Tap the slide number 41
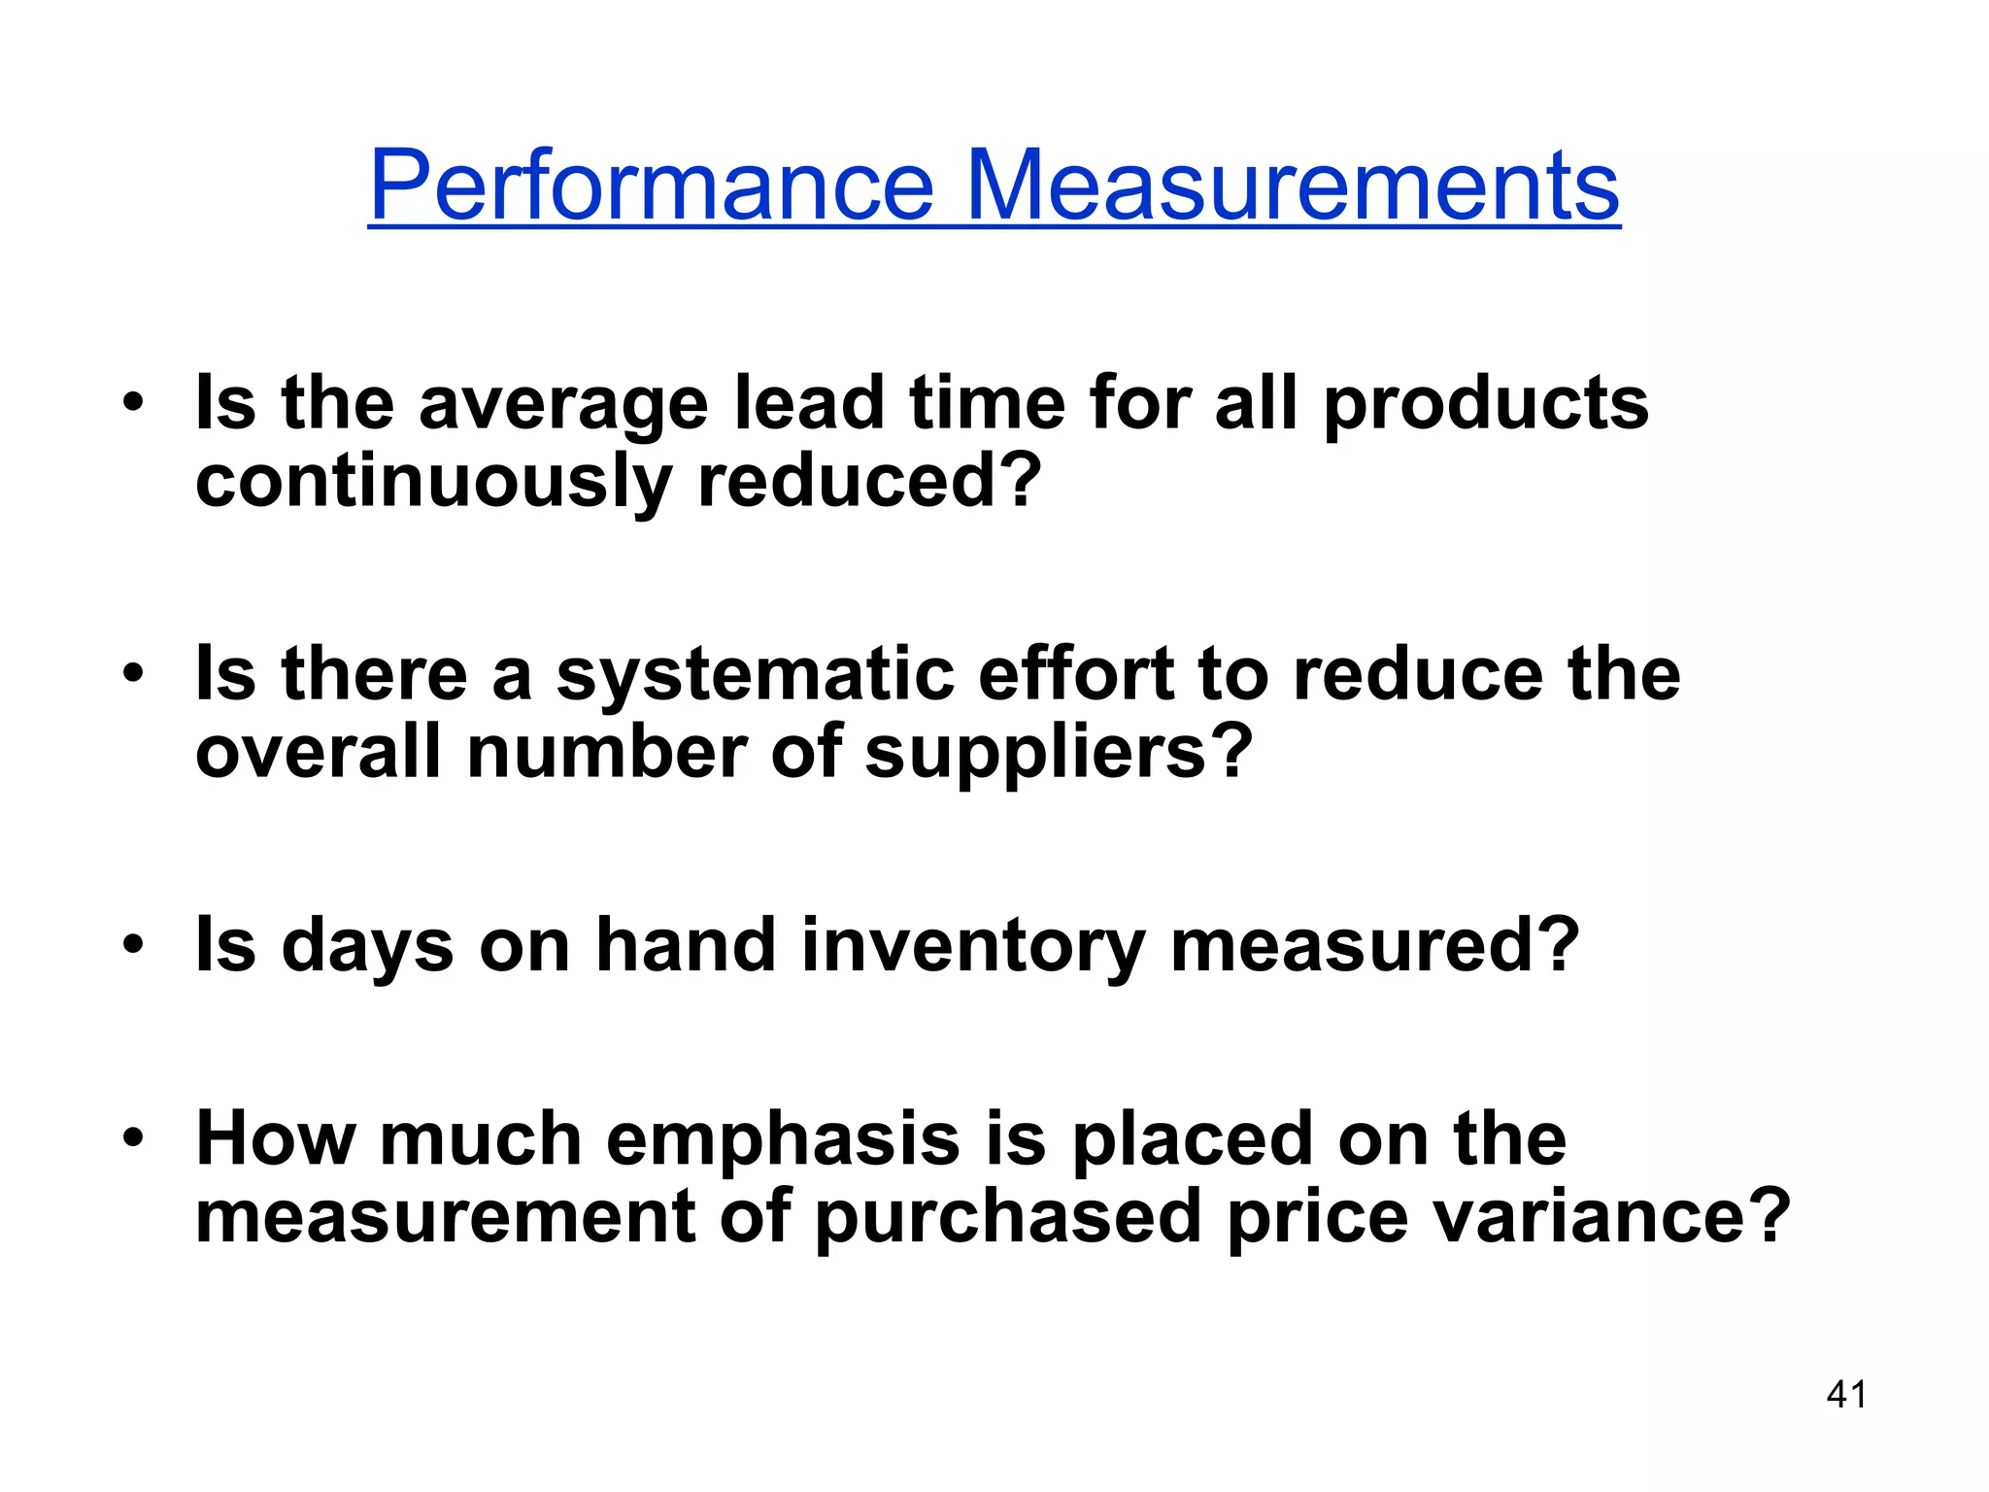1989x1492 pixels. click(1845, 1395)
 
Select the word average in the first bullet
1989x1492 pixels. click(563, 406)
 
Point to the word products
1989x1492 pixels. click(1486, 406)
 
